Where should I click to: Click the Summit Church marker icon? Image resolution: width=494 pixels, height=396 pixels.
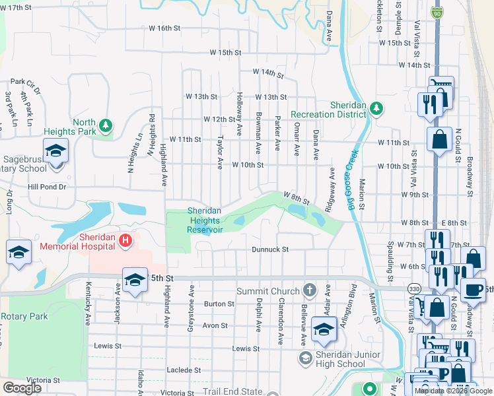pyautogui.click(x=309, y=291)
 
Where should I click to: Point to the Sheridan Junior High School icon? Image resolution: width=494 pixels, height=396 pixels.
pyautogui.click(x=306, y=358)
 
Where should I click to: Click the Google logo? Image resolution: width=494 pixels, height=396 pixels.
pyautogui.click(x=22, y=388)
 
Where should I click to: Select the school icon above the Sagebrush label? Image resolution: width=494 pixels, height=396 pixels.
pyautogui.click(x=56, y=151)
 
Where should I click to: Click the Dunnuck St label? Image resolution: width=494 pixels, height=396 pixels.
pyautogui.click(x=270, y=249)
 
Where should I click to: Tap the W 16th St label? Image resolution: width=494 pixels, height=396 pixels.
pyautogui.click(x=164, y=28)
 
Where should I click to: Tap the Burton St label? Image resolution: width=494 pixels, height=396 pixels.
pyautogui.click(x=219, y=304)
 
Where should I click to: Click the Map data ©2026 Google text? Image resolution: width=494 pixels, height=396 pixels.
pyautogui.click(x=453, y=391)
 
